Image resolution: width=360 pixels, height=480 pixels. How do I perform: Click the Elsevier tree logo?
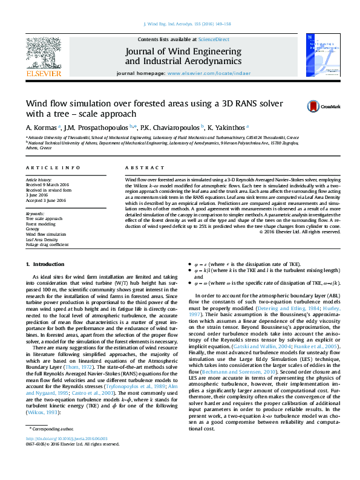pos(44,55)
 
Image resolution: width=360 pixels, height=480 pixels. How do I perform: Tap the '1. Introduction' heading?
pos(46,265)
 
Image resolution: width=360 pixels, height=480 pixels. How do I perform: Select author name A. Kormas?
pos(41,128)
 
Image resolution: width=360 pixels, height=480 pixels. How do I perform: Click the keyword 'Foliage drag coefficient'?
pos(51,244)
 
